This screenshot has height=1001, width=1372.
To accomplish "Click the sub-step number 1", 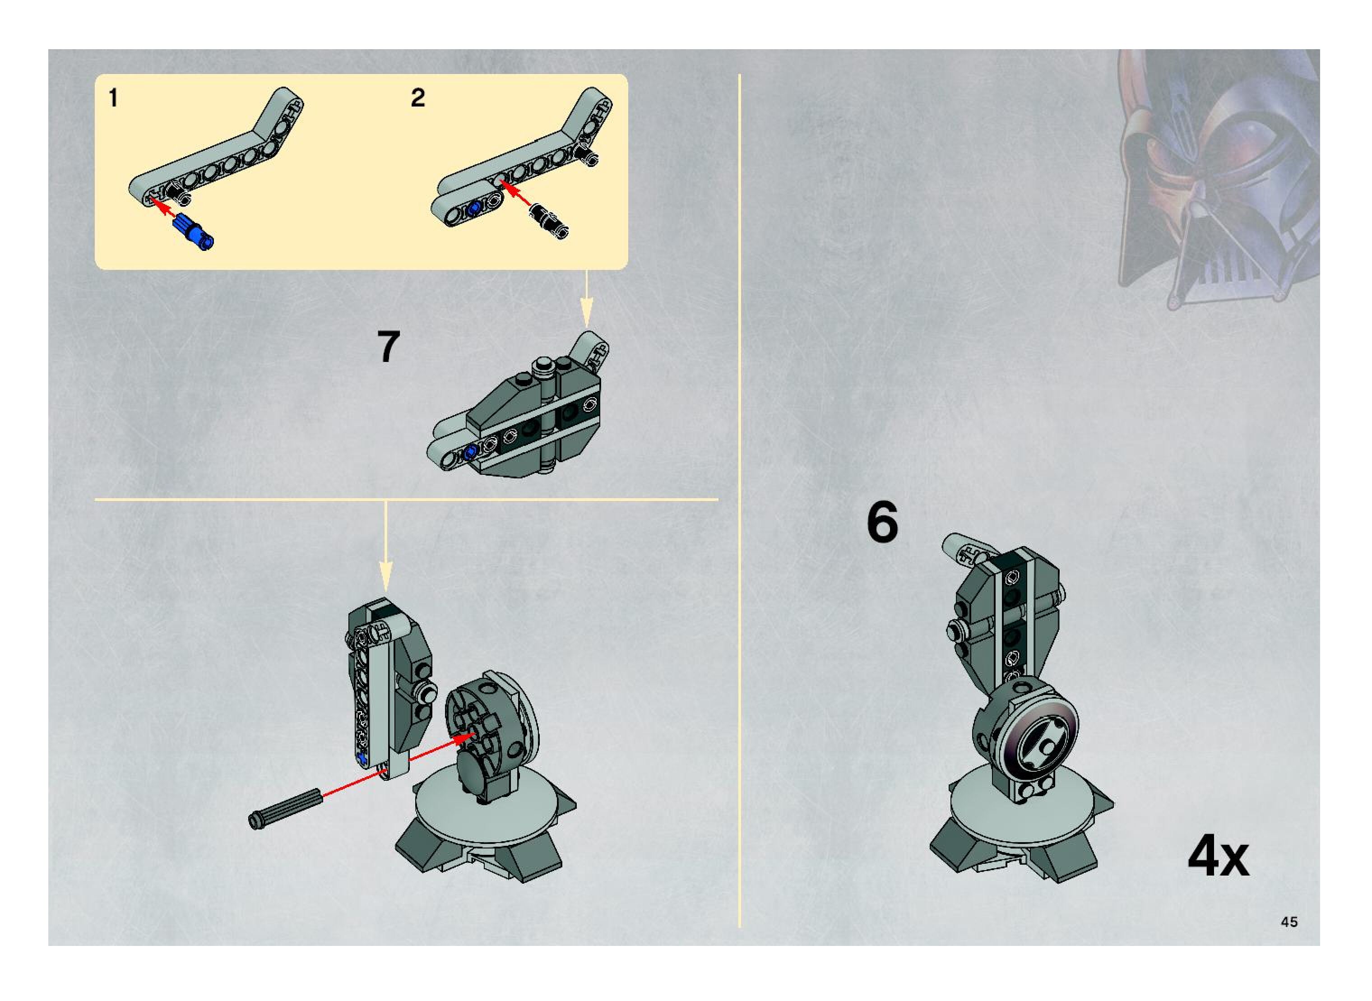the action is click(x=113, y=98).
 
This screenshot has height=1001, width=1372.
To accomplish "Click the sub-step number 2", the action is click(x=417, y=98).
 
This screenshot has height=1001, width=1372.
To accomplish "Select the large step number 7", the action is click(x=389, y=347).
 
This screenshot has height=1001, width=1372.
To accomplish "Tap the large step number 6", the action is click(x=882, y=522).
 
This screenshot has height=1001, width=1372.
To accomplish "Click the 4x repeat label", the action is click(x=1218, y=856).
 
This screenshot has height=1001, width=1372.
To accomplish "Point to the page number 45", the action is click(x=1289, y=922).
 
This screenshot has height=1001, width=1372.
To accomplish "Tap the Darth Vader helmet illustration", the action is click(x=1218, y=179).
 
